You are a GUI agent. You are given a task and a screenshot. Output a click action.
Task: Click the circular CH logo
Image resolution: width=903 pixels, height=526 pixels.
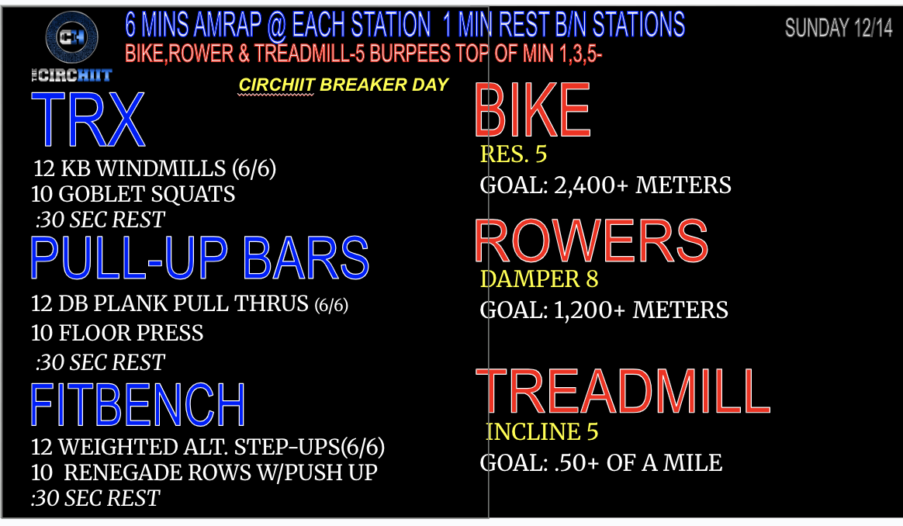pos(71,36)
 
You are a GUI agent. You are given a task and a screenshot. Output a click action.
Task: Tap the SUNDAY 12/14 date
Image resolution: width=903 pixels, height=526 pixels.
pos(839,28)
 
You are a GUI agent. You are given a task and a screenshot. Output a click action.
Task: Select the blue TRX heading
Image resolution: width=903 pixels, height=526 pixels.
pos(88,119)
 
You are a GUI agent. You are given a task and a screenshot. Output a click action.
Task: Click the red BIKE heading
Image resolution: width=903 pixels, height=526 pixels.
pos(533,109)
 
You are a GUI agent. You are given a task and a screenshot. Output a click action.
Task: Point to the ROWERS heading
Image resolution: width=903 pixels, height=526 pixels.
pos(591,241)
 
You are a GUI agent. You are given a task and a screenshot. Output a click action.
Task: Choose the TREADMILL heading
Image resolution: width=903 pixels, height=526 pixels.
pos(622,392)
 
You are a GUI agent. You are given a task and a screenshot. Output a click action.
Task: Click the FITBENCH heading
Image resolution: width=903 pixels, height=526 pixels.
pos(137,405)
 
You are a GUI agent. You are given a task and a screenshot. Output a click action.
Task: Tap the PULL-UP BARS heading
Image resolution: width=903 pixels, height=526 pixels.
pos(199,258)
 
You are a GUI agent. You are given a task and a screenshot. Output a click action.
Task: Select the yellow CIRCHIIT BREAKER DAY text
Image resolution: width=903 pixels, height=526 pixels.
pos(343,85)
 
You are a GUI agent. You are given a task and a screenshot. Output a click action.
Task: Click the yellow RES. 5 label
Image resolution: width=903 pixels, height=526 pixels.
pos(513,154)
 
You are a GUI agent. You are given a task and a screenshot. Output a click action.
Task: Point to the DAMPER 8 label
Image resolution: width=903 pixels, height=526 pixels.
pos(539,279)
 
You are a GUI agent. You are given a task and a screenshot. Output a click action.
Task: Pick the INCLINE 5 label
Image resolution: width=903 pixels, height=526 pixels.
pos(542,431)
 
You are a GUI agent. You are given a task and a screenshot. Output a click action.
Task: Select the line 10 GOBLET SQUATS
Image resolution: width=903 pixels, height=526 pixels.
pos(133,194)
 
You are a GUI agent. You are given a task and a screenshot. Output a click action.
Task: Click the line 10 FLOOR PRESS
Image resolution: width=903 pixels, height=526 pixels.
pos(117,333)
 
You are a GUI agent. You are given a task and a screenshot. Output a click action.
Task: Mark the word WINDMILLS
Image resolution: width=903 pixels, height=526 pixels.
pos(161,168)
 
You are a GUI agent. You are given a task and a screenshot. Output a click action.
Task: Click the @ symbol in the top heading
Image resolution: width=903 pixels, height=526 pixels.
pos(276,26)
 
